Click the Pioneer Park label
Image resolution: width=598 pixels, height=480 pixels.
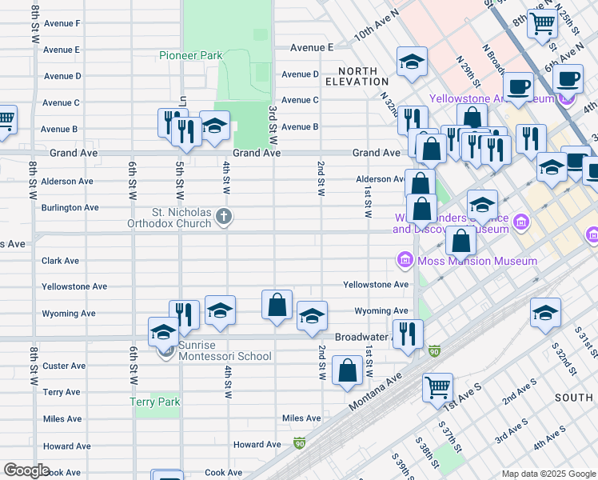point(189,56)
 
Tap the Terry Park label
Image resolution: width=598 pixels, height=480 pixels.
point(156,402)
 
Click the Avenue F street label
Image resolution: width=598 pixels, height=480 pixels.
point(62,23)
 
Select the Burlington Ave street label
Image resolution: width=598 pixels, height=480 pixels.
point(70,208)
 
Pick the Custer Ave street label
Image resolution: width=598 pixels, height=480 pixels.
point(64,366)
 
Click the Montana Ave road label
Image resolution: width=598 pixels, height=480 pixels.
point(375,386)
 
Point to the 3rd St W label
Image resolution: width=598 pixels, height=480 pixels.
point(273,120)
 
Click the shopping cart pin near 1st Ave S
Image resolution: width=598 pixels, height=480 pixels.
point(437,387)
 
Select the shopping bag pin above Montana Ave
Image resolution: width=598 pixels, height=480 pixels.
point(348,371)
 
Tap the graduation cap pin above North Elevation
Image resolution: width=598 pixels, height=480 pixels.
point(412,61)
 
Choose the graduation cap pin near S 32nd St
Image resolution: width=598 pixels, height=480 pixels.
point(545,313)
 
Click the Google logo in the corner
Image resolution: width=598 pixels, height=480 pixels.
point(26,470)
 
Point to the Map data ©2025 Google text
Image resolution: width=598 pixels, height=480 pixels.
point(548,473)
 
